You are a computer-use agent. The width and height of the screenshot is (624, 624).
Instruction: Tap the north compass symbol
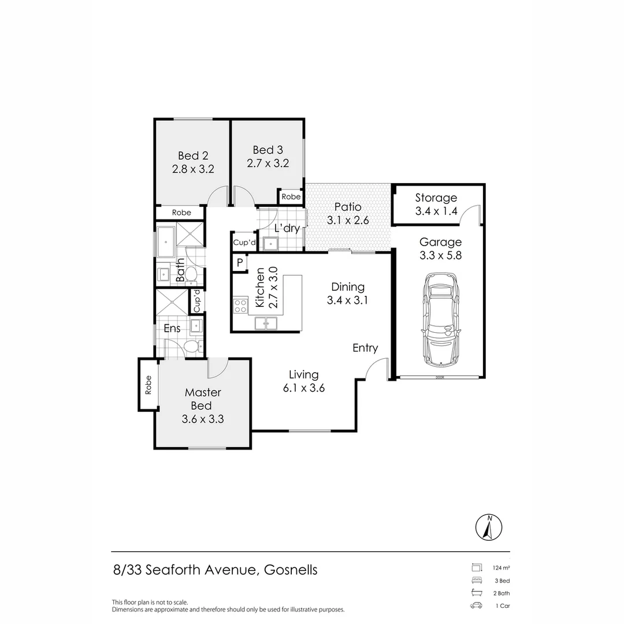(489, 528)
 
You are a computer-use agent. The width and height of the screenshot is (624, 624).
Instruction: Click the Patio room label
(348, 207)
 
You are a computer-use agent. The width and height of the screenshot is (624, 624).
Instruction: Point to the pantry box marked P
(239, 263)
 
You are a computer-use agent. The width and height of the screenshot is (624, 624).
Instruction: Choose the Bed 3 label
(268, 151)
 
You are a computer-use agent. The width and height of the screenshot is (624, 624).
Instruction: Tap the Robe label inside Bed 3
(291, 197)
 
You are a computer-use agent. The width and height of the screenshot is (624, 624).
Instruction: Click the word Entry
(365, 347)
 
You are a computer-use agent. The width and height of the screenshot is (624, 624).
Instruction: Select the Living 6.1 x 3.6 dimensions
(304, 388)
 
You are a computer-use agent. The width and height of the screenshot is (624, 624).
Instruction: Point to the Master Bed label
(203, 399)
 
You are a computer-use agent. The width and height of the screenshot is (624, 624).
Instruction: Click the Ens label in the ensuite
(172, 328)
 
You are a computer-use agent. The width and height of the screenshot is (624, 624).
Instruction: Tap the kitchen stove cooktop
(240, 306)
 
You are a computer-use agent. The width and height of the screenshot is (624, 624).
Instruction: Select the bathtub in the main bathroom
(166, 241)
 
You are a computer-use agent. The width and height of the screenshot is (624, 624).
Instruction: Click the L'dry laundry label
(287, 228)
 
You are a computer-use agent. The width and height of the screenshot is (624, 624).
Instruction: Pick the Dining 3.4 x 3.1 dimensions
(348, 300)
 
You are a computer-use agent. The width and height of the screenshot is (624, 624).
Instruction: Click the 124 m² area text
(501, 567)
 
